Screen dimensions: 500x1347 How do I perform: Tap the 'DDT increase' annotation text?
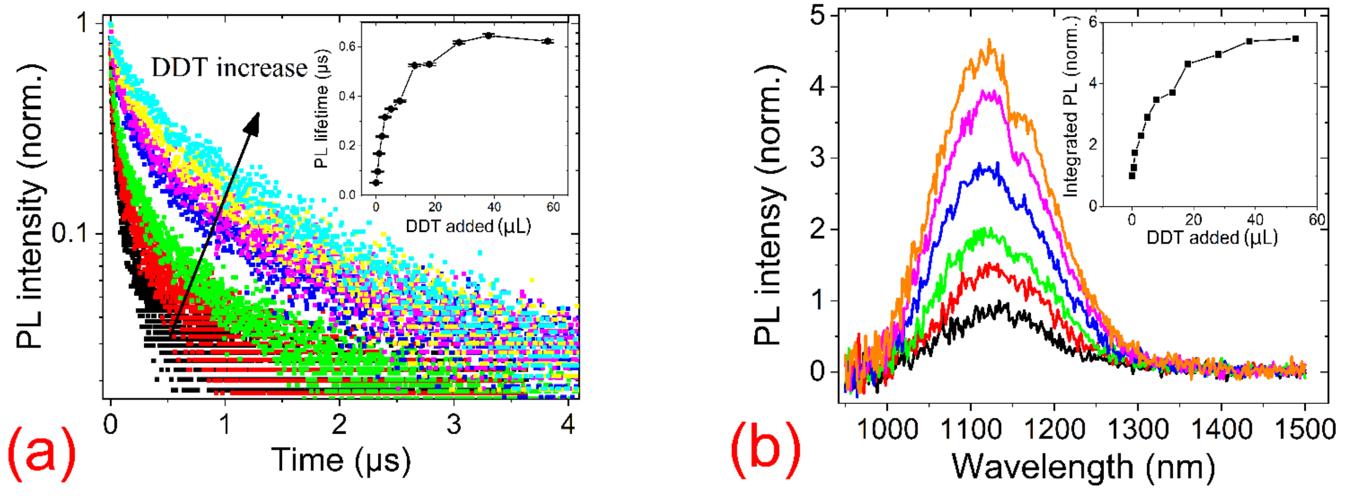(229, 68)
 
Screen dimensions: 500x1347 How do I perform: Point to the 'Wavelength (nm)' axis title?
(1082, 467)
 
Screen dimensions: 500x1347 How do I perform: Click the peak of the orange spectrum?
(989, 41)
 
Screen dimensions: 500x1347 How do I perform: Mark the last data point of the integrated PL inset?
(1295, 38)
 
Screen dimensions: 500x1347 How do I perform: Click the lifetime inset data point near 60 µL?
(548, 41)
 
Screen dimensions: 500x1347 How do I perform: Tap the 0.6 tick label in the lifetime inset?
(347, 46)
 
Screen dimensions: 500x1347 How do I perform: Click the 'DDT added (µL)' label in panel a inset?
(468, 226)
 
